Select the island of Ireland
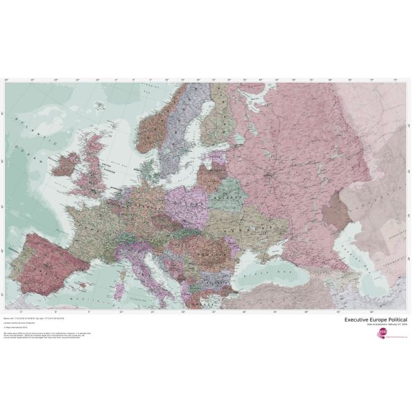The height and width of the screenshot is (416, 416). tap(67, 165)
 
